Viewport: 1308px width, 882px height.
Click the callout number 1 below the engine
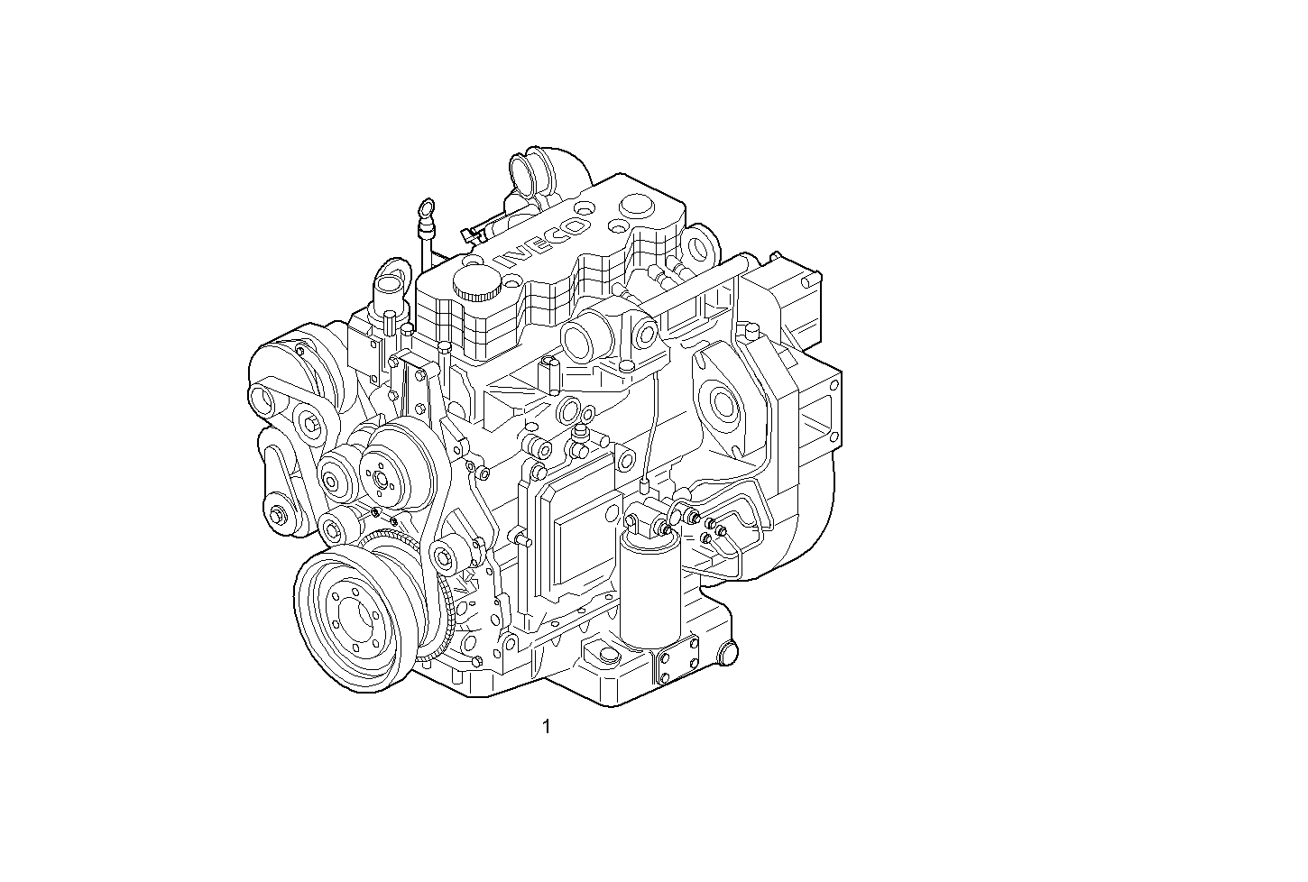click(x=546, y=726)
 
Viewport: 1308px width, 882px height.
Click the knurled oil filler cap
click(x=476, y=282)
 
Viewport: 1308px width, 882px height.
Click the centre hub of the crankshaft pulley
click(x=353, y=621)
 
